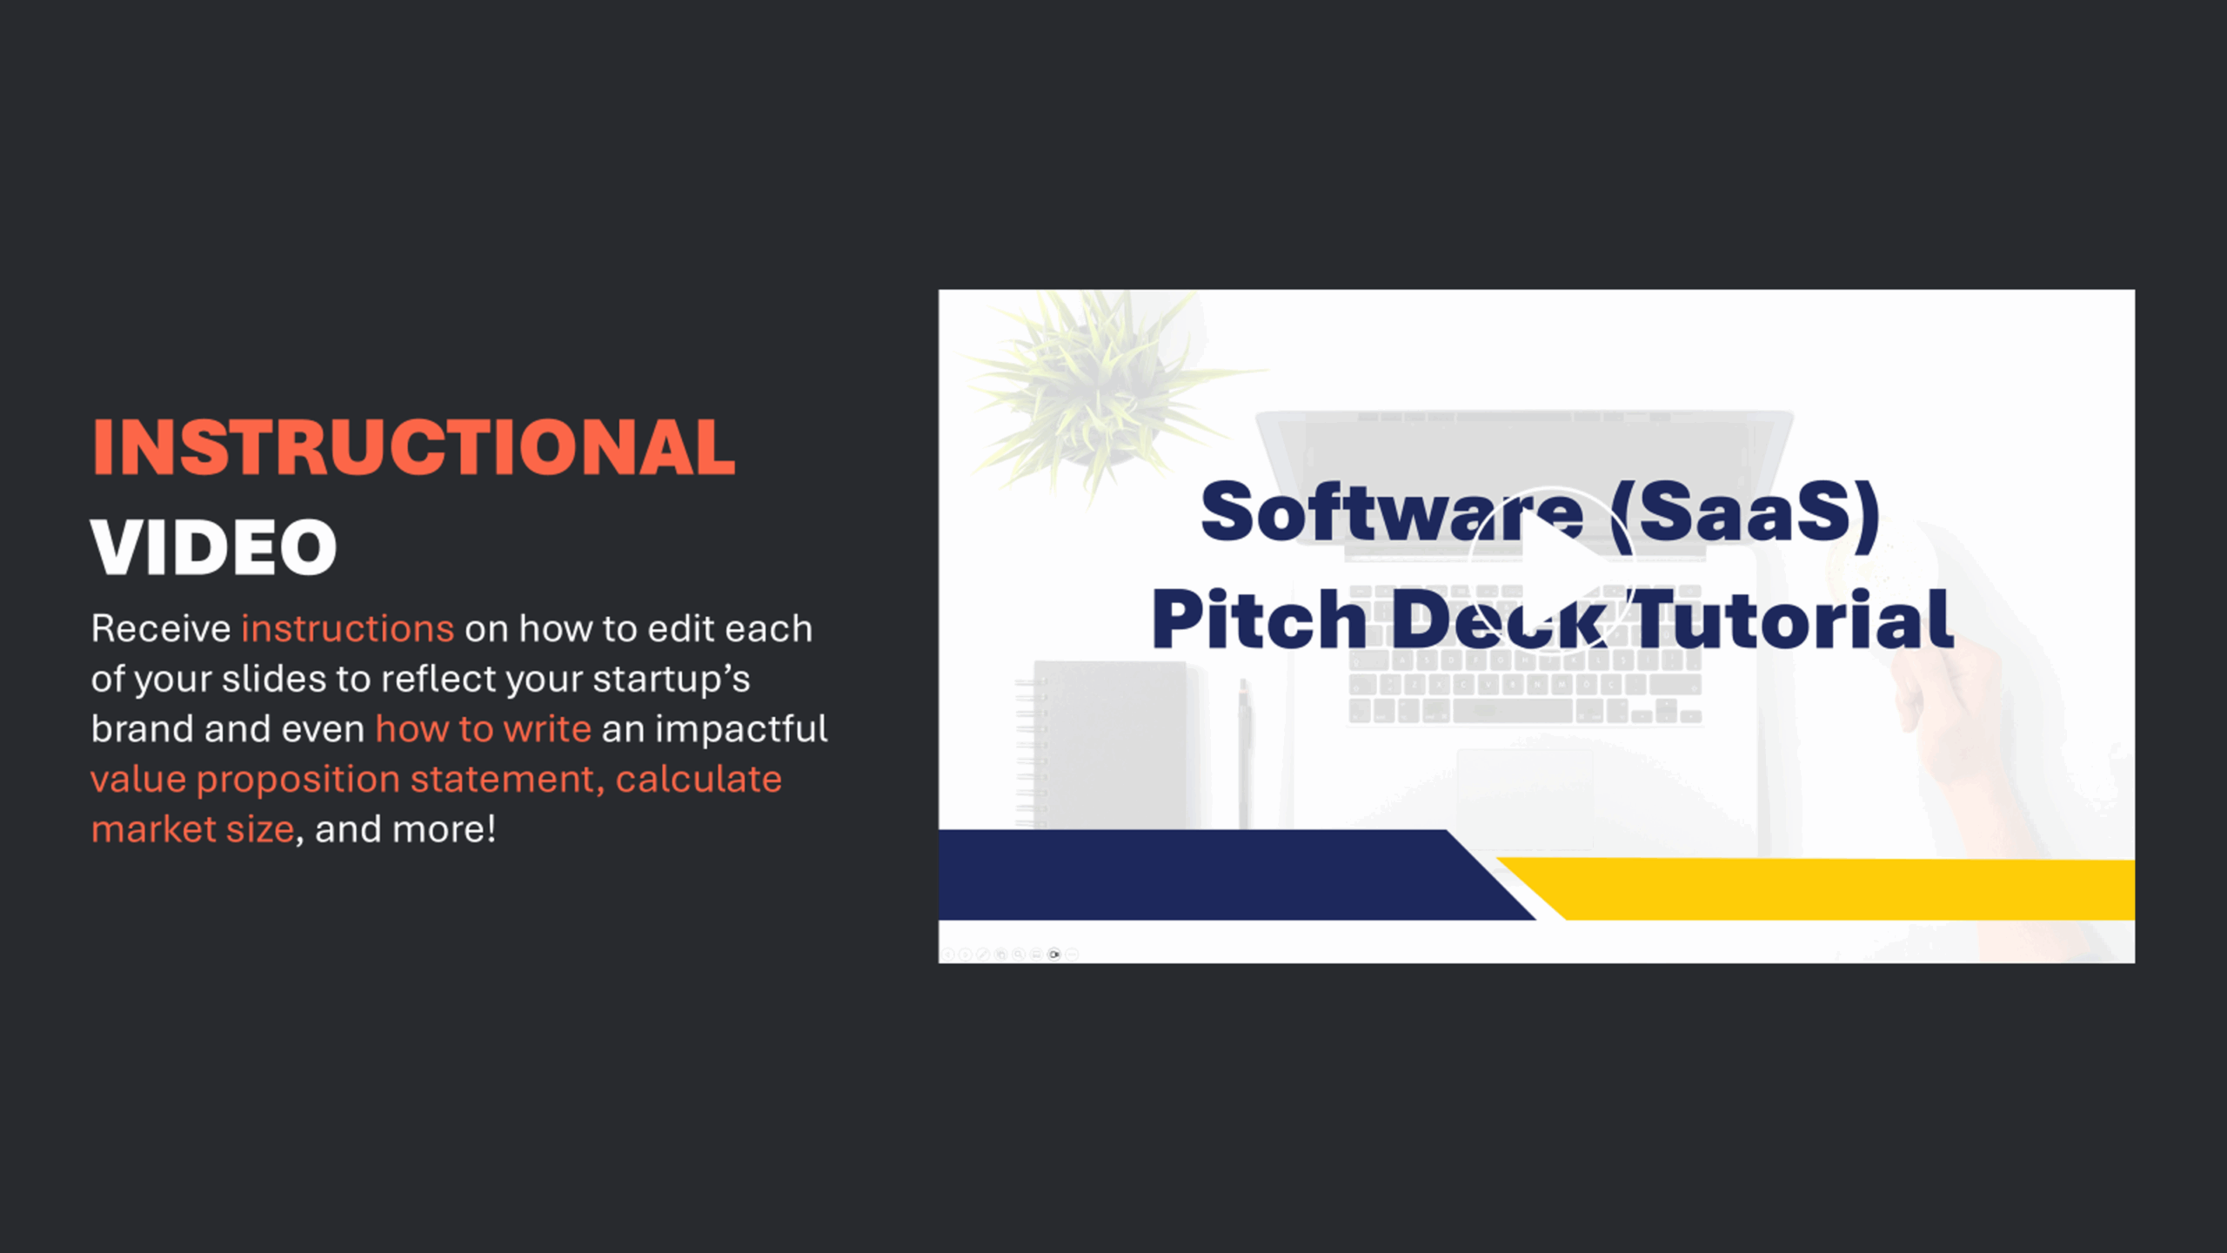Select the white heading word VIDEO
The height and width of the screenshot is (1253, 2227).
(214, 547)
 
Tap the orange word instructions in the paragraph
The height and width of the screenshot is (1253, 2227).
(347, 628)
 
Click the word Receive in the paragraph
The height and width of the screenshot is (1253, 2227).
(161, 628)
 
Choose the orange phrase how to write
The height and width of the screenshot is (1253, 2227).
(483, 728)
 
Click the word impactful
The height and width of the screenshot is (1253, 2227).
(741, 728)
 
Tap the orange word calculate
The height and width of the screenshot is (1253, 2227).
(699, 779)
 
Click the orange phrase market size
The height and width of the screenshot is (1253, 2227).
(193, 829)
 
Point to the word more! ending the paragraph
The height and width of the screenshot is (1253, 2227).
(444, 829)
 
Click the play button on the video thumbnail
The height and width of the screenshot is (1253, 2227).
(1552, 567)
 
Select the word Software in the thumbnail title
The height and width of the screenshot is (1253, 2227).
(1392, 513)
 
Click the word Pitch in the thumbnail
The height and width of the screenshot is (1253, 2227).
(1259, 620)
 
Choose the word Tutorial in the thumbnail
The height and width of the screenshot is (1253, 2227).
(1793, 620)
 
